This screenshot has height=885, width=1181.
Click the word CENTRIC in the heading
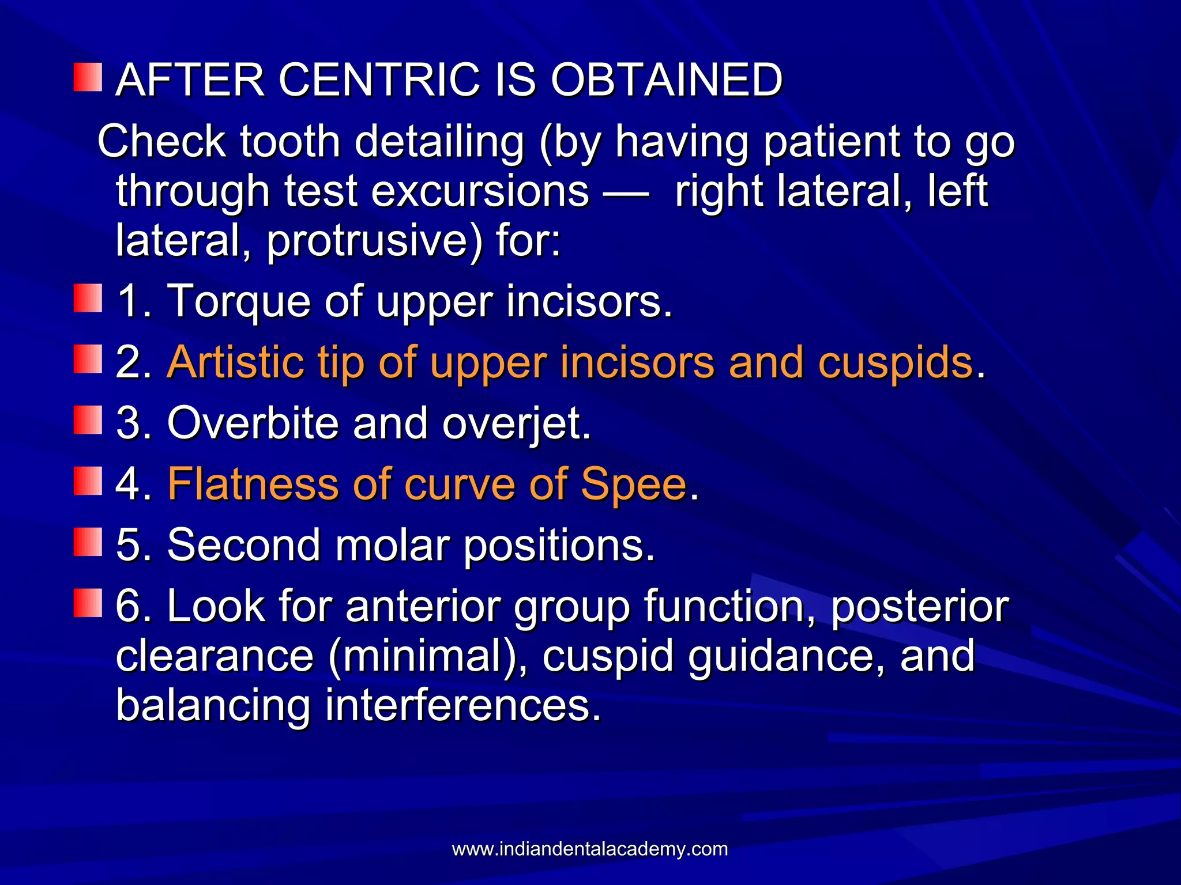click(x=379, y=80)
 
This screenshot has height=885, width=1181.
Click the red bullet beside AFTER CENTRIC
click(x=88, y=78)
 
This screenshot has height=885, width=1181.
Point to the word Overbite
click(x=253, y=423)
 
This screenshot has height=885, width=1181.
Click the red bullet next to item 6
click(x=88, y=603)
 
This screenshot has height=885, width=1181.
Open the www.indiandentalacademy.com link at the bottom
click(x=590, y=849)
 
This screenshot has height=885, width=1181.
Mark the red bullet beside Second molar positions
click(x=88, y=542)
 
